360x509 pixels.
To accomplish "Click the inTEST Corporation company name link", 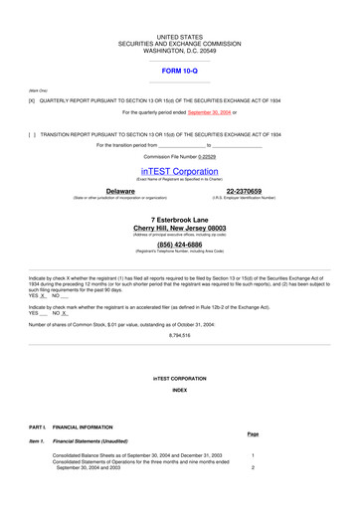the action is (179, 171).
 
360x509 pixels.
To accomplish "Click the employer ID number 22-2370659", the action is (244, 190).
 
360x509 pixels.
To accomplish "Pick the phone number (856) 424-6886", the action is (180, 244).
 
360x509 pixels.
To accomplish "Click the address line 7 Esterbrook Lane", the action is (180, 219).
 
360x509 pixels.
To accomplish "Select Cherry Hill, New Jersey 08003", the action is (180, 228).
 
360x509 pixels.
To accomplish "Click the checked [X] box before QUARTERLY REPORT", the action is (32, 101).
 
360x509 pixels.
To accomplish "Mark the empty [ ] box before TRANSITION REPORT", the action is (32, 133).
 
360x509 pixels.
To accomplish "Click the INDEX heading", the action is (179, 390).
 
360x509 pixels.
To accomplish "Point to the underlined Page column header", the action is (253, 434).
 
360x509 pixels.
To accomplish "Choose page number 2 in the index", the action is (254, 467).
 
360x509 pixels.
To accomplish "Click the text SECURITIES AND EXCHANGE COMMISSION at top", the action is (180, 44).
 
